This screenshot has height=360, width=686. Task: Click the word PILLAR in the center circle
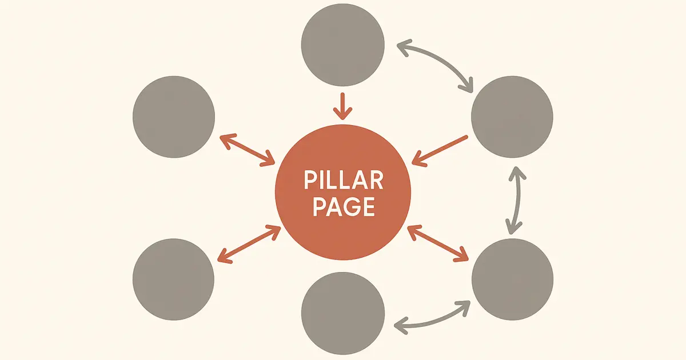coord(343,181)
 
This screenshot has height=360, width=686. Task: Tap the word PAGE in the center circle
coord(343,207)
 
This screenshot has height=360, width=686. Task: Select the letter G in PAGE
coord(353,207)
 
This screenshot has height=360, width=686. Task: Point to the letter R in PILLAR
coord(376,181)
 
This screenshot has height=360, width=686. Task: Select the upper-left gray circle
coord(174,117)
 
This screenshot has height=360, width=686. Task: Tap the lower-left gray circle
coord(174,279)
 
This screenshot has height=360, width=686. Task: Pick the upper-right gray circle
coord(512,117)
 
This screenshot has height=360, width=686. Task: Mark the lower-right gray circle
coord(512,279)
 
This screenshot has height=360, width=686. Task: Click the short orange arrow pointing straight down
coord(342,106)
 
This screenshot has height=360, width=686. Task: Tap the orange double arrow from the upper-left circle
coord(248,150)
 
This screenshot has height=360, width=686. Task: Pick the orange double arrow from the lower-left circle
coord(248,245)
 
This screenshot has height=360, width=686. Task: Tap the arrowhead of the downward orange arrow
coord(342,114)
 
